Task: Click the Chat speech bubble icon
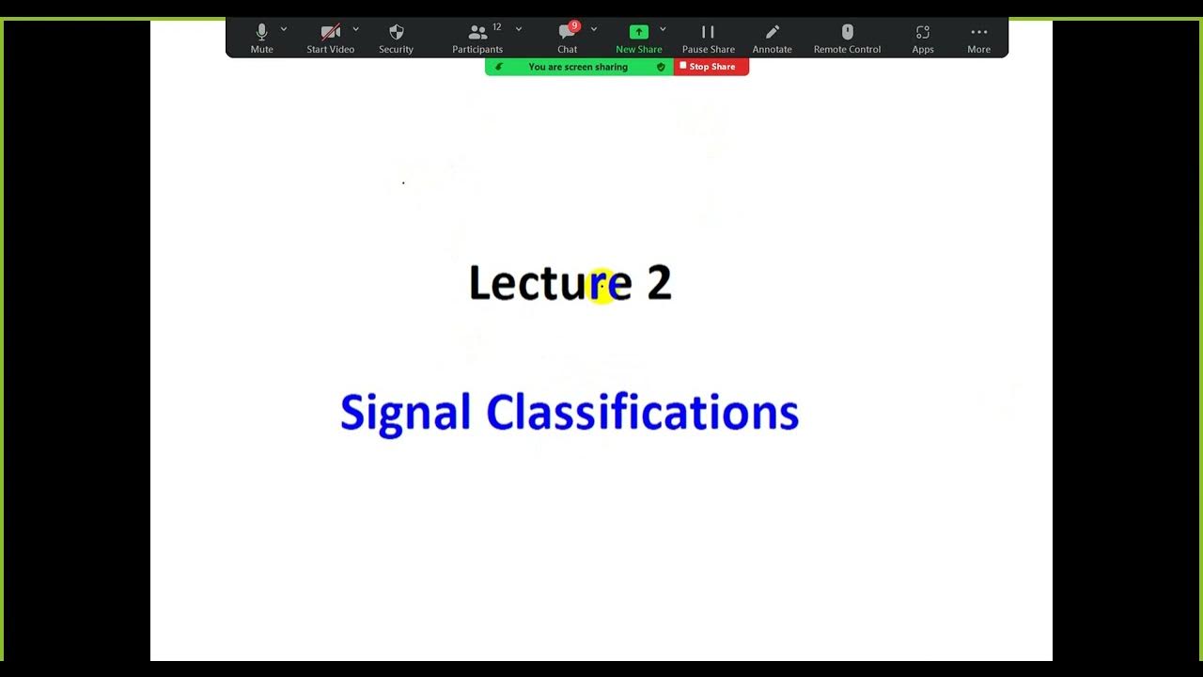pos(566,33)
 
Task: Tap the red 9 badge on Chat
pos(574,26)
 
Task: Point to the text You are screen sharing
pos(578,67)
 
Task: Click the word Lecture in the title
pos(550,283)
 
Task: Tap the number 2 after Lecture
pos(659,283)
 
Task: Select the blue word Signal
pos(405,414)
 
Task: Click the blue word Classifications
pos(642,414)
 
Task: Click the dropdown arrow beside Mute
pos(284,29)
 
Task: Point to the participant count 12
pos(497,27)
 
